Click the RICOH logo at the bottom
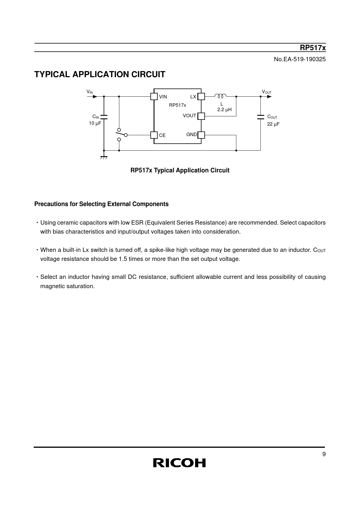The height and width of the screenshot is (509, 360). coord(179,463)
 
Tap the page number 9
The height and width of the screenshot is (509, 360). coord(324,454)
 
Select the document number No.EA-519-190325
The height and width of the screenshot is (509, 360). coord(300,59)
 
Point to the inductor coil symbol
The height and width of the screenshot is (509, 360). coord(220,96)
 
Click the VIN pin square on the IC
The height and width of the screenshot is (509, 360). coord(154,96)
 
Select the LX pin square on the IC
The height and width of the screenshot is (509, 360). coord(201,96)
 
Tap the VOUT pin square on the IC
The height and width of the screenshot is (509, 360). coord(201,116)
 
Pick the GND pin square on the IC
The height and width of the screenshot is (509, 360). coord(201,135)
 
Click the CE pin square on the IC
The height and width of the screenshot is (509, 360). coord(154,135)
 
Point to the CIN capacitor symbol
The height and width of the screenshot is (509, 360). coord(104,117)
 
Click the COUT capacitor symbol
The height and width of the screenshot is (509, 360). coord(260,117)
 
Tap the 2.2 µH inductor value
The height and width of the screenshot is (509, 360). coord(224,110)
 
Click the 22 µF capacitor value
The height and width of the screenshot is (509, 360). coord(273,124)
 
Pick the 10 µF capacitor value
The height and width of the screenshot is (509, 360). coord(95,123)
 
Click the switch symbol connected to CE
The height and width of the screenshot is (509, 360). coord(121,134)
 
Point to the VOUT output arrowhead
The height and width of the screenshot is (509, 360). coord(269,97)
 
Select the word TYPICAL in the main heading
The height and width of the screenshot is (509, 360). coord(52,75)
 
